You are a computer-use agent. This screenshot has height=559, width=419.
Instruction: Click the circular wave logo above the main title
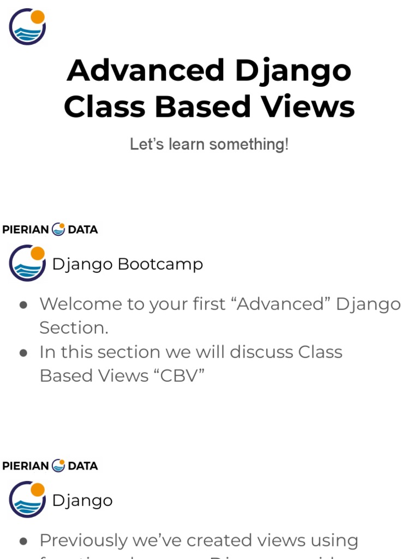pyautogui.click(x=27, y=26)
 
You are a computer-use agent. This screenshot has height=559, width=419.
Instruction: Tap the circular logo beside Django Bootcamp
pyautogui.click(x=27, y=263)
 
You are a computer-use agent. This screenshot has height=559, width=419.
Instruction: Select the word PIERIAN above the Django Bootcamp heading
pyautogui.click(x=26, y=230)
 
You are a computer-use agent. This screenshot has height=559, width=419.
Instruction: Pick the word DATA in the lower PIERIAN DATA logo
pyautogui.click(x=83, y=466)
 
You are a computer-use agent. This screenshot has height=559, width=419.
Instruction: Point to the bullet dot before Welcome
pyautogui.click(x=23, y=305)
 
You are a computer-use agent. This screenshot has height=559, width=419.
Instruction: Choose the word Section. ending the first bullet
pyautogui.click(x=74, y=328)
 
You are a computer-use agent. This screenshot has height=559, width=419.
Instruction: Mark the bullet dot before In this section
pyautogui.click(x=23, y=353)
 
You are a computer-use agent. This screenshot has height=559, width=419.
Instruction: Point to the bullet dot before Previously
pyautogui.click(x=23, y=541)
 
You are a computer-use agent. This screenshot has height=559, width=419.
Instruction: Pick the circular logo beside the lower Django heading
pyautogui.click(x=27, y=499)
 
